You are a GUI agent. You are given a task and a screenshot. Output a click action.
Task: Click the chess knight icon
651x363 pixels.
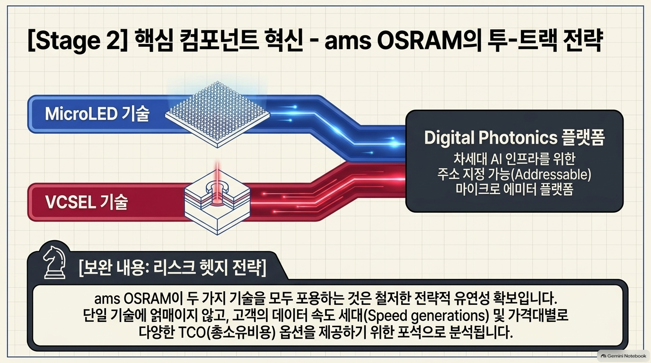pyautogui.click(x=54, y=262)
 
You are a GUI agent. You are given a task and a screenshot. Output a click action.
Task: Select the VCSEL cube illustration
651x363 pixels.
pyautogui.click(x=217, y=202)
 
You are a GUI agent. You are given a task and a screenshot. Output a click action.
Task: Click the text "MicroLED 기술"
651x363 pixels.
pyautogui.click(x=97, y=113)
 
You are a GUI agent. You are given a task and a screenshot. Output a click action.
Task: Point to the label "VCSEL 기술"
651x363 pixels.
pyautogui.click(x=87, y=202)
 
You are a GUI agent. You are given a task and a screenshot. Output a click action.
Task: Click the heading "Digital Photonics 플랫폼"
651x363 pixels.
pyautogui.click(x=514, y=138)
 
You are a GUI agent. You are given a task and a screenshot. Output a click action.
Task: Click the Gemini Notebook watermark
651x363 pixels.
pyautogui.click(x=623, y=356)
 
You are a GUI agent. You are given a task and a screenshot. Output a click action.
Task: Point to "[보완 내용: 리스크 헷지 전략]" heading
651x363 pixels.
pyautogui.click(x=172, y=268)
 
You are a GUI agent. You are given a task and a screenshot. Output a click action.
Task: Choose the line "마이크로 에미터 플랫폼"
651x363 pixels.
pyautogui.click(x=514, y=190)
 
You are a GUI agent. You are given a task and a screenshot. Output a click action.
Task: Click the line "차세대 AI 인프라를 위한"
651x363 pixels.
pyautogui.click(x=514, y=158)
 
